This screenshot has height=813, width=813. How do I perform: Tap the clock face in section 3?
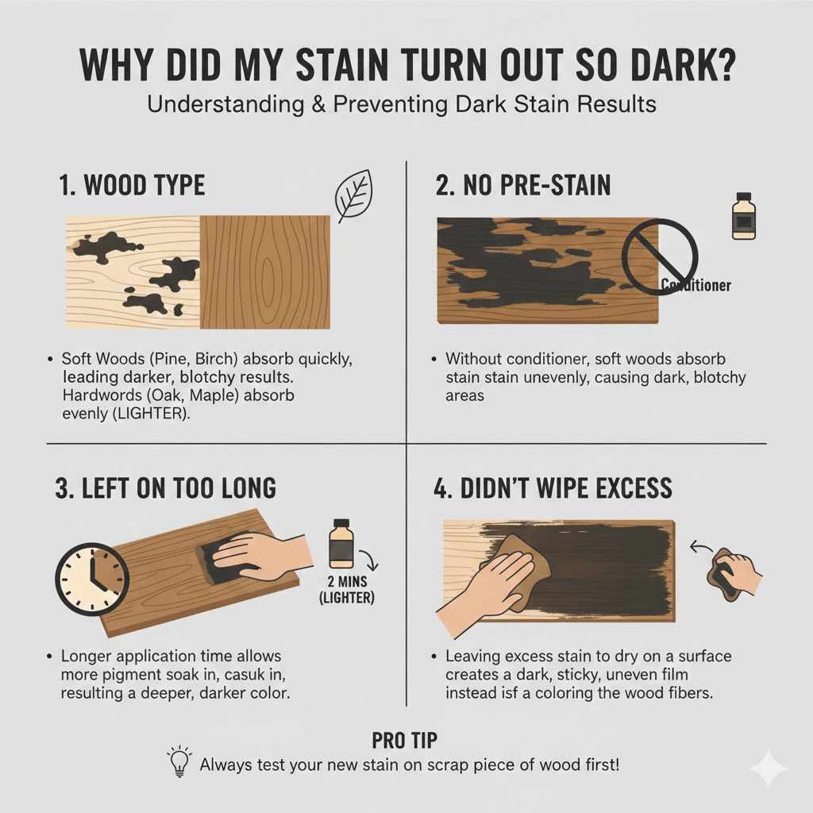pos(92,579)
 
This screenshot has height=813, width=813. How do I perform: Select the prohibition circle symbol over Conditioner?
pos(660,256)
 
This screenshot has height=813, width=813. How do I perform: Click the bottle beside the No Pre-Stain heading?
pos(742,215)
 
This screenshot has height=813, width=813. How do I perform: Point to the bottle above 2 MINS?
pos(341,545)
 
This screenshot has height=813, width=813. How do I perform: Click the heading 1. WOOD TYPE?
pos(132,186)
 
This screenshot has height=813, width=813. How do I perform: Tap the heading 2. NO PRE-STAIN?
pos(523,186)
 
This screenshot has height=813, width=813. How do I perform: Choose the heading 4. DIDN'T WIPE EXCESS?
pos(553,487)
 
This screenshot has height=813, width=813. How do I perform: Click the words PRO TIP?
pos(406,740)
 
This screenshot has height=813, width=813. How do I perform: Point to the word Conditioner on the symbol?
pos(695,285)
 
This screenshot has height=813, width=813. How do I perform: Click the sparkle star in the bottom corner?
pos(768,767)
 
